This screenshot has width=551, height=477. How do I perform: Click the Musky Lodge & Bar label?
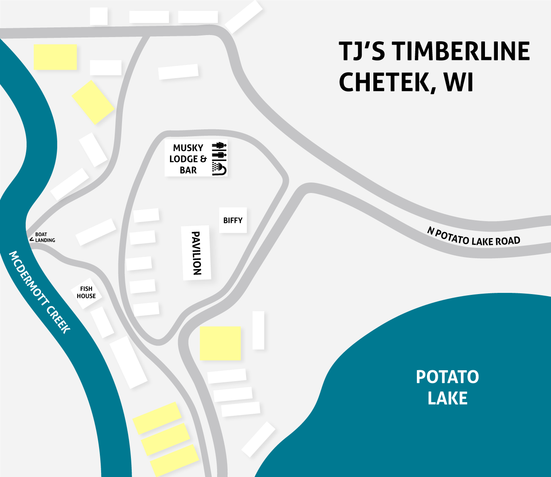tap(188, 159)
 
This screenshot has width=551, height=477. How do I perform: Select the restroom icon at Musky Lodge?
tap(220, 149)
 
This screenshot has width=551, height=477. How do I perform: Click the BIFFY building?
tap(233, 220)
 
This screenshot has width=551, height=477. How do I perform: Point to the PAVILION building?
tap(196, 253)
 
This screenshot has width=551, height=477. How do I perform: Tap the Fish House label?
tap(86, 292)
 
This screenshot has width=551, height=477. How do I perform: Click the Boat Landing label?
tap(44, 237)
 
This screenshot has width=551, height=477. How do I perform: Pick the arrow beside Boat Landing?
tap(31, 239)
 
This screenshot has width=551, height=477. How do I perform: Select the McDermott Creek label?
tap(39, 292)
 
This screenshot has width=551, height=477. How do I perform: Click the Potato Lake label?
tap(447, 388)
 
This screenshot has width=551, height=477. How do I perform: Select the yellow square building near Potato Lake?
tap(220, 343)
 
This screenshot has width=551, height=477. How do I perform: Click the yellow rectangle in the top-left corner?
tap(55, 57)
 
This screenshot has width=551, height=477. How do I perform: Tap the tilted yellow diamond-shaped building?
tap(93, 102)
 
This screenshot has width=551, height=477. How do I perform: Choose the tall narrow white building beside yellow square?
tap(258, 330)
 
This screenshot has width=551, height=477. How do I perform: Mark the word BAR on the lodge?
tap(188, 170)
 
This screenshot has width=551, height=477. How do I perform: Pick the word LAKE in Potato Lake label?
tap(447, 398)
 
